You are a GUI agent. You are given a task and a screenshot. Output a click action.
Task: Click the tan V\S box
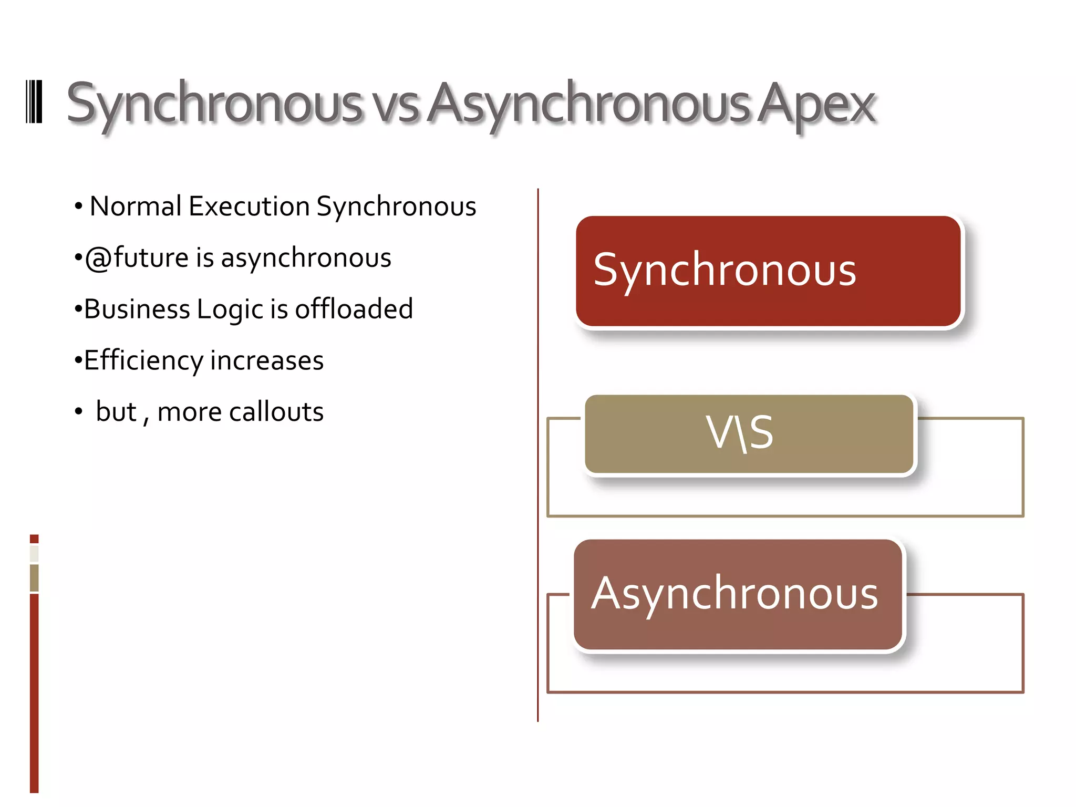(x=749, y=434)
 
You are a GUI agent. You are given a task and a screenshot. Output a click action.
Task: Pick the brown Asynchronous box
(x=738, y=595)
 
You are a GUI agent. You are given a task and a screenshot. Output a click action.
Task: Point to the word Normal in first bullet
(x=136, y=206)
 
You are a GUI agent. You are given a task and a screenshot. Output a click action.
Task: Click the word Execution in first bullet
(x=249, y=206)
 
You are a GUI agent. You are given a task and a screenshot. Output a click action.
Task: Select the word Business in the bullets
(x=137, y=309)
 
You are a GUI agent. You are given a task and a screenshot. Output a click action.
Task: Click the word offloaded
(x=354, y=309)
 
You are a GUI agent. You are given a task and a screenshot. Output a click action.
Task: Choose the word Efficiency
(x=143, y=360)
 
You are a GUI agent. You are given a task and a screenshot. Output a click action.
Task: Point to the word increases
(x=267, y=360)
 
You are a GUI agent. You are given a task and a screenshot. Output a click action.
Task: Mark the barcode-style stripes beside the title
(x=34, y=102)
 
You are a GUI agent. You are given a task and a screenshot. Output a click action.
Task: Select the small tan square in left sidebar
(x=34, y=577)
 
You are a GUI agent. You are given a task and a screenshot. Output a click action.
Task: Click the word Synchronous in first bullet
(x=396, y=206)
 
